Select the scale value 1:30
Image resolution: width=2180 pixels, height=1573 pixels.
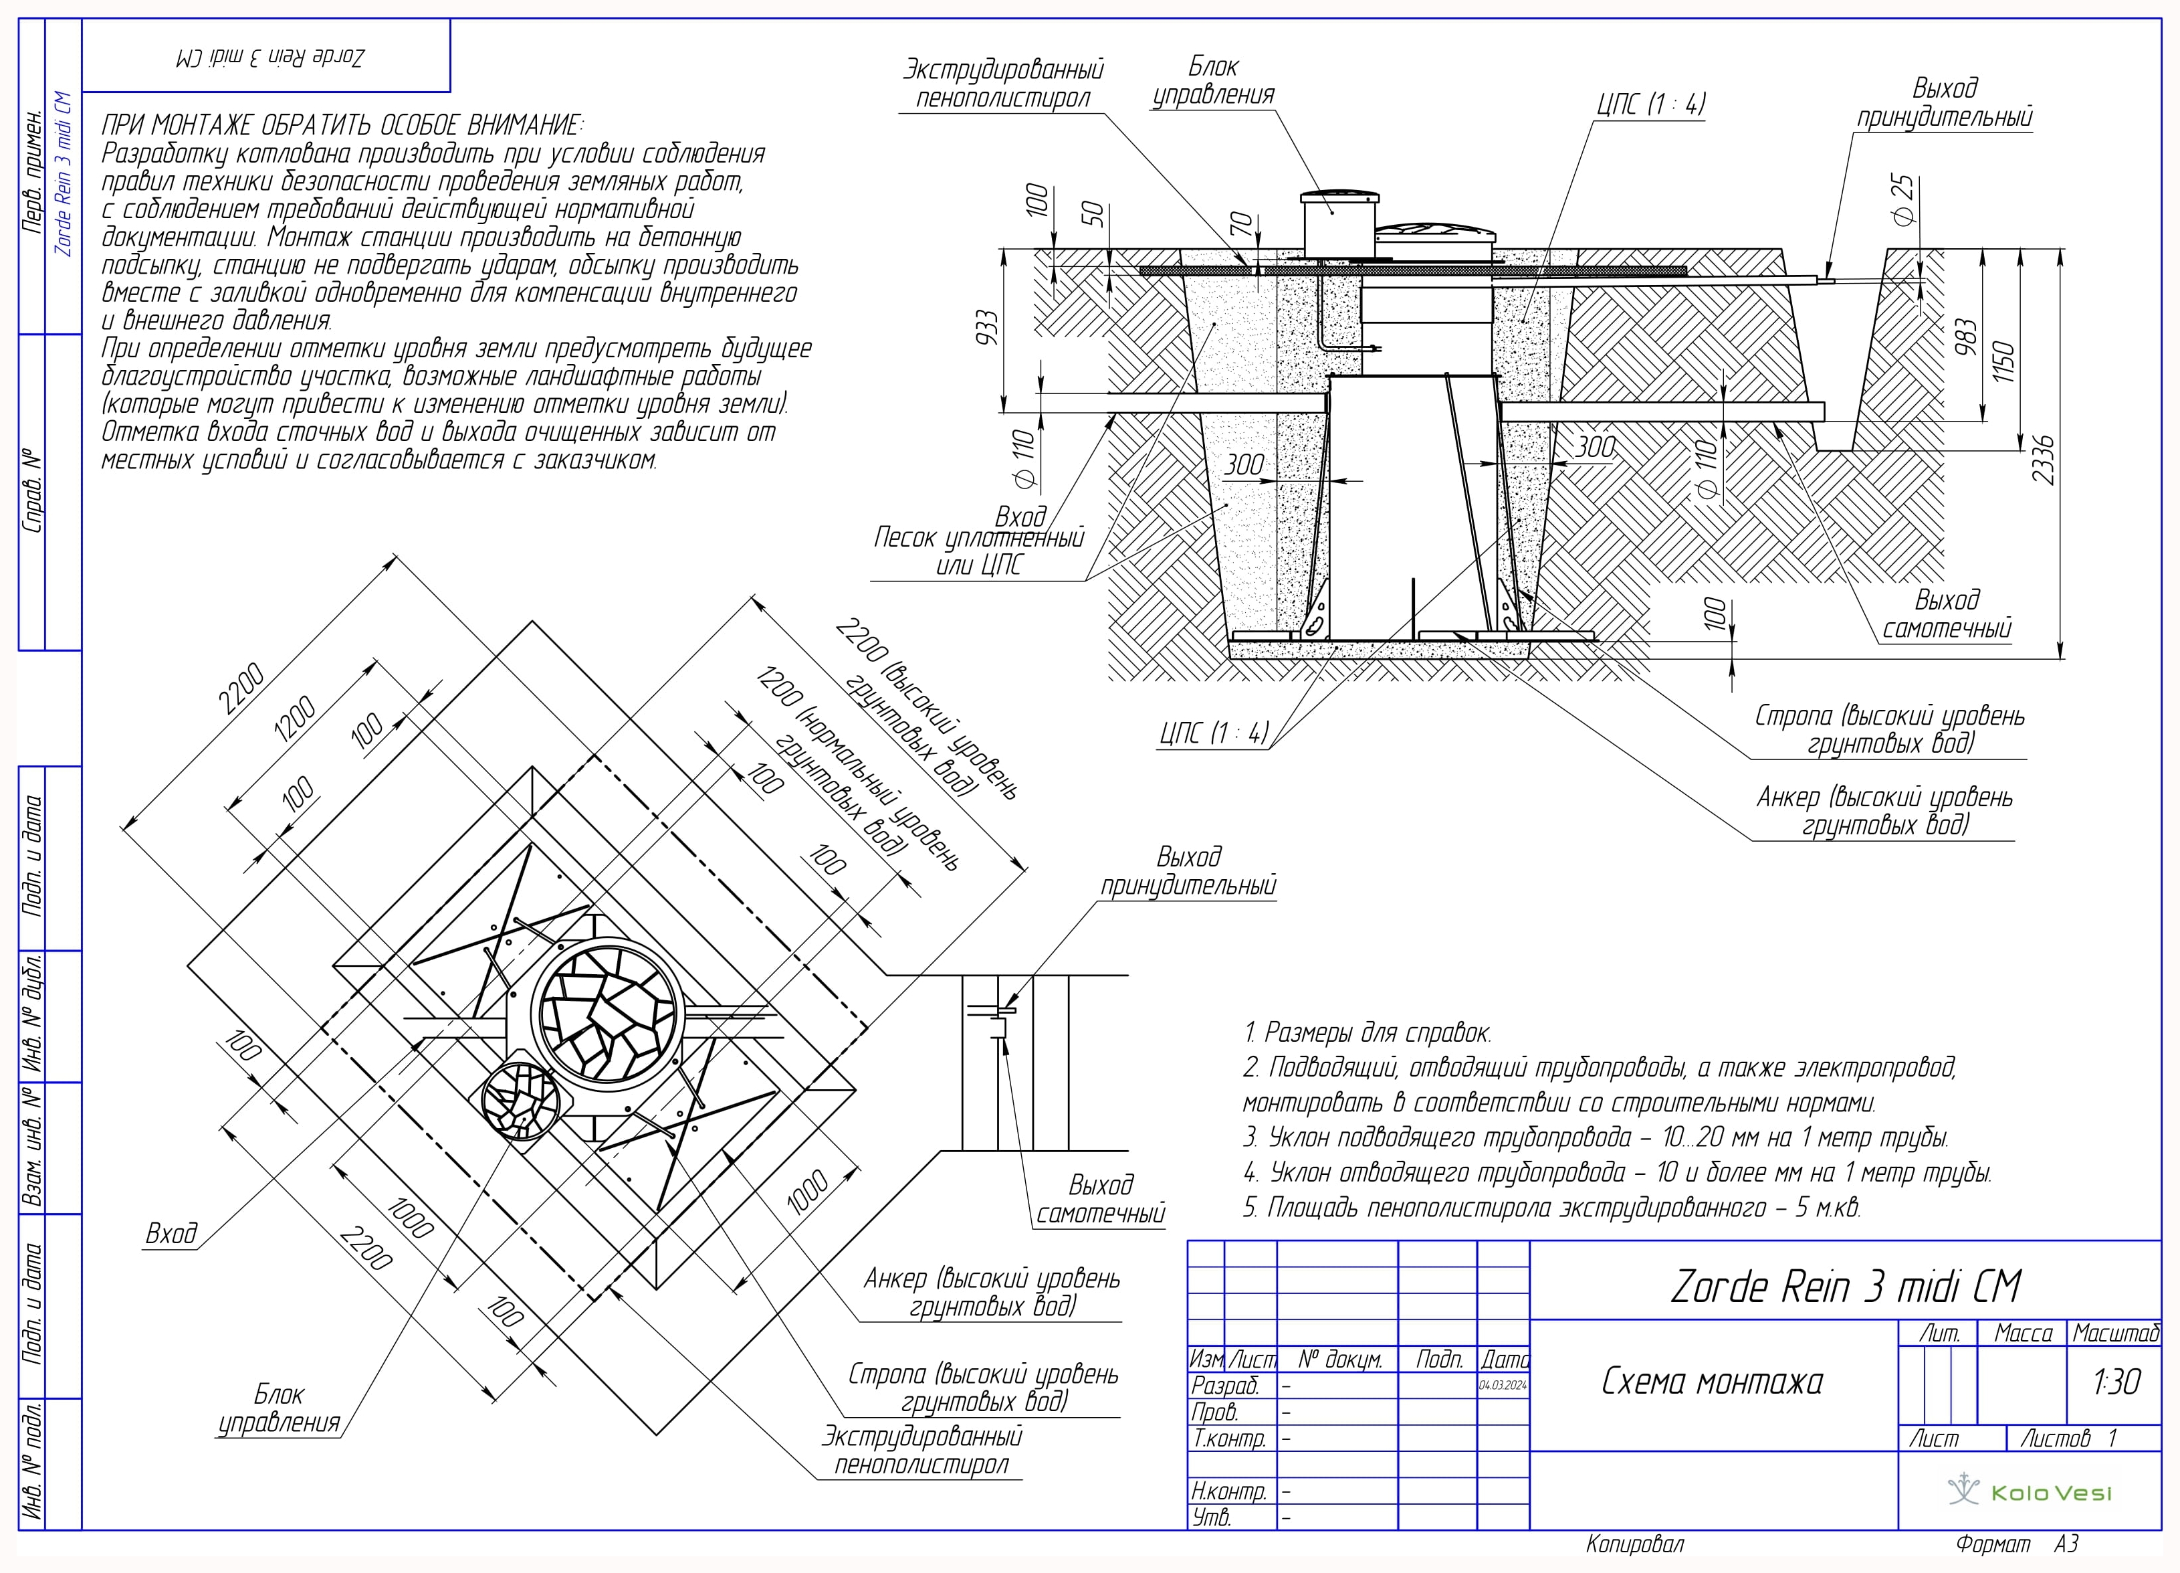pyautogui.click(x=2116, y=1382)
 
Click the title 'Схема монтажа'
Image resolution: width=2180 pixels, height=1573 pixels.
pyautogui.click(x=1712, y=1382)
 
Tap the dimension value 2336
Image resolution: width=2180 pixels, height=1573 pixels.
pyautogui.click(x=2042, y=460)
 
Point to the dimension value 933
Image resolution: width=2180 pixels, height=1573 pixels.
pyautogui.click(x=987, y=328)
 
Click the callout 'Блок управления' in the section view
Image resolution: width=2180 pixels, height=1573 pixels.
pyautogui.click(x=1213, y=81)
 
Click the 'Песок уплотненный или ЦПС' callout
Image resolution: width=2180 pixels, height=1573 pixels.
pyautogui.click(x=978, y=551)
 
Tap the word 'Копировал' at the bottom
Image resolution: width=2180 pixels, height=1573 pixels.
pyautogui.click(x=1635, y=1544)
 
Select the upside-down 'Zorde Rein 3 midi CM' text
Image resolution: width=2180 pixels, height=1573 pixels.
pyautogui.click(x=270, y=57)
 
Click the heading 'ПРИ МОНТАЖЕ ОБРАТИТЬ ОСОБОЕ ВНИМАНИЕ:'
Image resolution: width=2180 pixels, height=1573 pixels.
pyautogui.click(x=342, y=125)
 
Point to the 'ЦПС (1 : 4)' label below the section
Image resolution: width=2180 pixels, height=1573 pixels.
pyautogui.click(x=1214, y=733)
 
